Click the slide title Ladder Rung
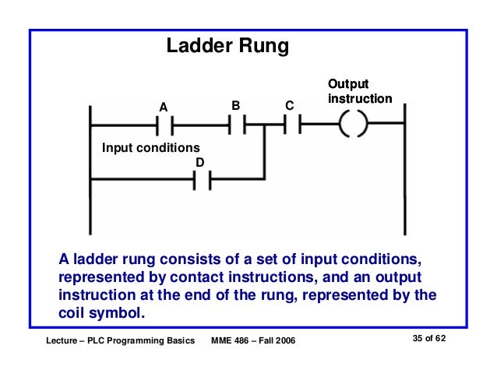click(x=227, y=47)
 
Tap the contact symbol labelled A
click(x=164, y=125)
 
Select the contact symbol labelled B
click(x=237, y=125)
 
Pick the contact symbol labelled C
click(x=291, y=125)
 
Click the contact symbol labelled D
click(x=200, y=181)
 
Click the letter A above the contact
click(x=164, y=106)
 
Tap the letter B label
click(x=236, y=104)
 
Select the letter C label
click(x=289, y=105)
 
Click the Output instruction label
click(x=359, y=92)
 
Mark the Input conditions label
click(x=151, y=148)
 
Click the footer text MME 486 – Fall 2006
click(x=253, y=341)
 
